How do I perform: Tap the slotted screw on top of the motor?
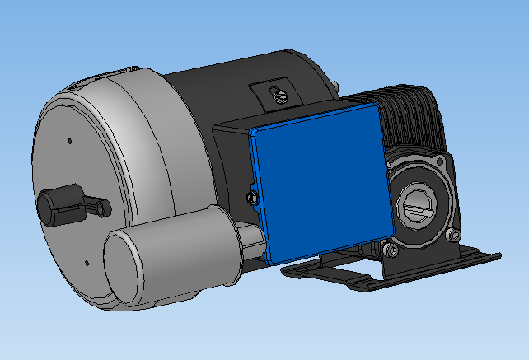pyautogui.click(x=279, y=96)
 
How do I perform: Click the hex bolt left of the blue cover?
pyautogui.click(x=252, y=197)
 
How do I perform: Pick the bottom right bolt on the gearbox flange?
pyautogui.click(x=452, y=236)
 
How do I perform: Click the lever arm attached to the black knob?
pyautogui.click(x=91, y=207)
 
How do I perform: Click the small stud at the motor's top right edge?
pyautogui.click(x=337, y=82)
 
